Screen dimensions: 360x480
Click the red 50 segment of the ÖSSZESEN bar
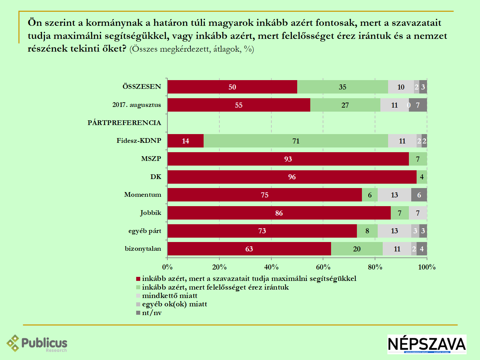click(x=232, y=87)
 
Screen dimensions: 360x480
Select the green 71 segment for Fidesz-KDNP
click(x=296, y=141)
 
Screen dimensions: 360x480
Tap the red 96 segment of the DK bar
click(x=292, y=177)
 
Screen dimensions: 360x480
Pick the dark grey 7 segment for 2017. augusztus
click(x=418, y=105)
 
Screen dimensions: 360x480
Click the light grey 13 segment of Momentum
click(x=394, y=195)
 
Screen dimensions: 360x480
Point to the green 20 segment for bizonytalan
click(x=357, y=249)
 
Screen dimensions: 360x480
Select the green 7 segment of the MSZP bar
click(x=418, y=159)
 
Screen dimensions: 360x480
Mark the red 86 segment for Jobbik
click(x=279, y=213)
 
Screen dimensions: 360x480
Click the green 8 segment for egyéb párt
click(x=367, y=231)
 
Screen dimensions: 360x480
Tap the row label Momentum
click(x=143, y=195)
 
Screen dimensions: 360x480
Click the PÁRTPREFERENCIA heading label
click(x=124, y=123)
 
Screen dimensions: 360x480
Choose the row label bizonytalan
click(x=143, y=249)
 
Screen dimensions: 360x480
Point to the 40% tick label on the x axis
click(x=271, y=267)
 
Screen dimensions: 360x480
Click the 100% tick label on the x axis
click(x=427, y=267)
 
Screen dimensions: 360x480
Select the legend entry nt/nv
click(x=152, y=313)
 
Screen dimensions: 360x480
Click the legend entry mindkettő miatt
click(x=169, y=296)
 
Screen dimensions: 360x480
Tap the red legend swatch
click(x=138, y=279)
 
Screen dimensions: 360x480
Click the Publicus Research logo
click(x=37, y=344)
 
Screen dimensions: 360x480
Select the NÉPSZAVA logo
click(x=427, y=344)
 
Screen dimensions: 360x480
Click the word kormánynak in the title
click(x=114, y=23)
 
